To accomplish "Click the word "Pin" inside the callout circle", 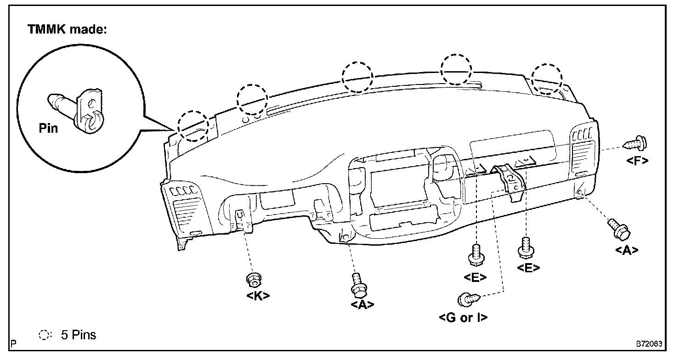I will pos(48,128).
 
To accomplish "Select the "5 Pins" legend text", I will pos(79,335).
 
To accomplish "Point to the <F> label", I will pos(637,160).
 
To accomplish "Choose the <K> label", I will pos(258,296).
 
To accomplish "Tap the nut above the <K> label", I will pos(252,279).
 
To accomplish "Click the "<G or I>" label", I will pos(464,318).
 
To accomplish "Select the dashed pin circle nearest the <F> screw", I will pos(547,79).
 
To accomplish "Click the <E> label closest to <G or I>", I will pos(476,277).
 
